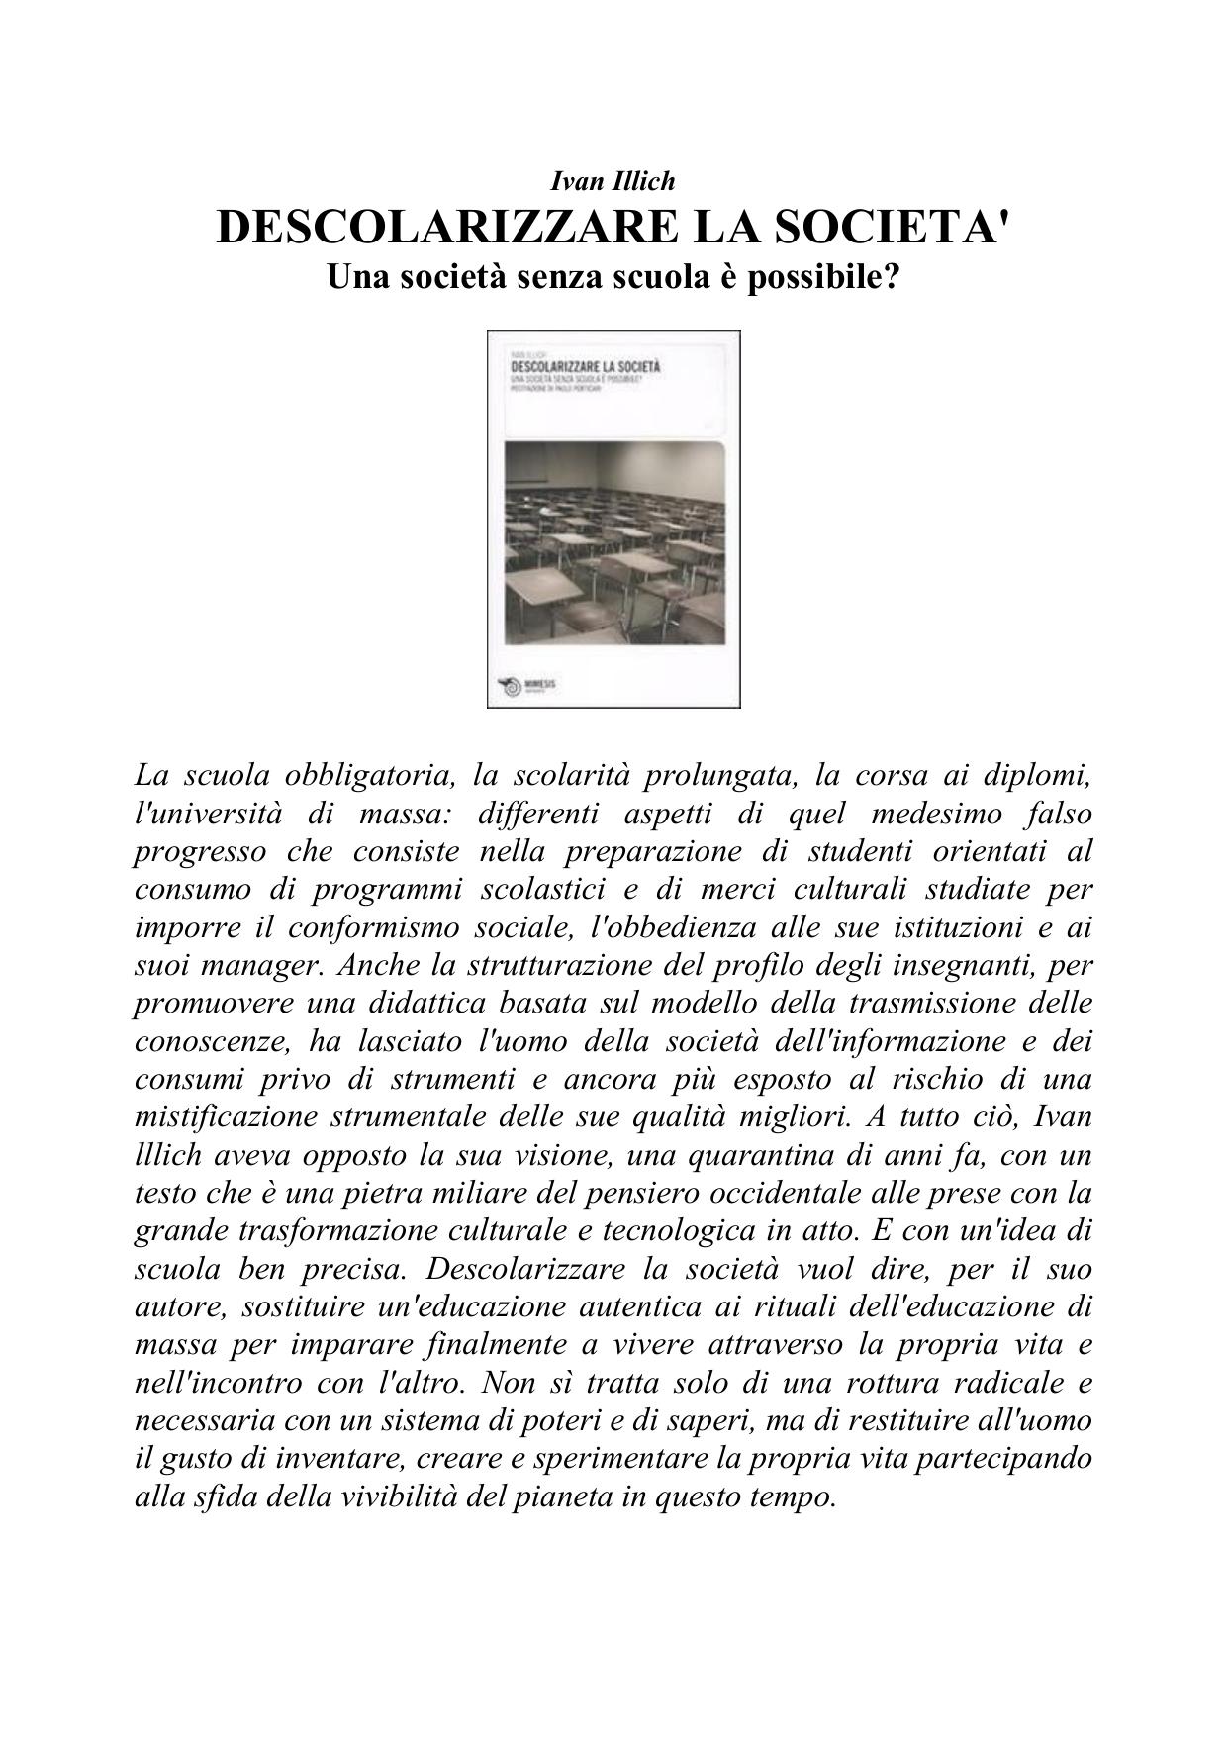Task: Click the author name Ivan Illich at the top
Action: (x=613, y=181)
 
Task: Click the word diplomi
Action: (x=1039, y=775)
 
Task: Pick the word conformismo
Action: (x=373, y=927)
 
